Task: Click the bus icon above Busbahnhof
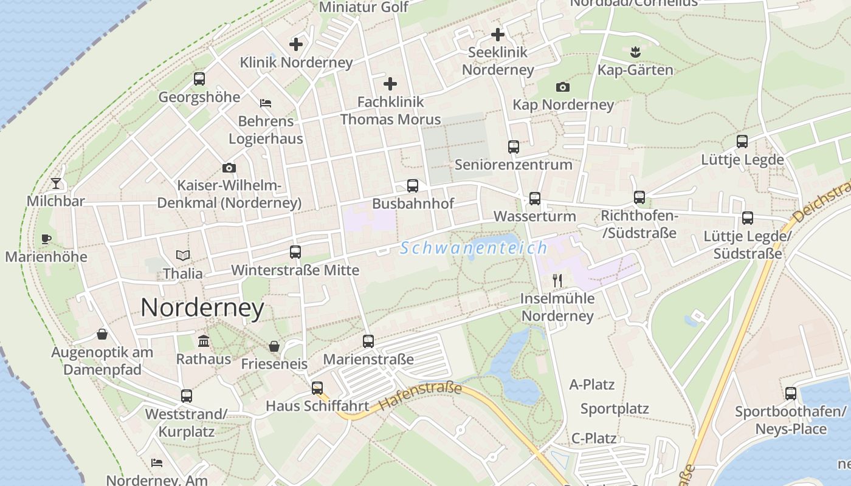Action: (413, 185)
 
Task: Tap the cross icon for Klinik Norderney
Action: (296, 44)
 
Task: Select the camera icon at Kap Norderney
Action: (563, 87)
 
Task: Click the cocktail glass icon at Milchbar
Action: (56, 182)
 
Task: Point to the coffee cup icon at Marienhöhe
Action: (46, 239)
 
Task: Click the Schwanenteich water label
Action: (474, 248)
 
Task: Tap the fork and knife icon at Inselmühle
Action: (557, 280)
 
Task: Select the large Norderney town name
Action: (202, 308)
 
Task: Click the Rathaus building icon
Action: (204, 341)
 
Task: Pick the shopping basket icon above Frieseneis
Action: (274, 346)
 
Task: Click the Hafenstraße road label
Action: (420, 396)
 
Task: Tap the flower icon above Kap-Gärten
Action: (635, 52)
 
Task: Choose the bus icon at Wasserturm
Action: (534, 198)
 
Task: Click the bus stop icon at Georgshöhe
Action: (199, 79)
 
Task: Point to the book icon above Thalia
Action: (183, 256)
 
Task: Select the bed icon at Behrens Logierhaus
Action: (266, 103)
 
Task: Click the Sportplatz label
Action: (615, 409)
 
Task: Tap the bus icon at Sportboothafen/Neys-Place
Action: (790, 394)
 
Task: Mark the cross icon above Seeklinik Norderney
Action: (498, 35)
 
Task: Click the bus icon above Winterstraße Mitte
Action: (295, 252)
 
